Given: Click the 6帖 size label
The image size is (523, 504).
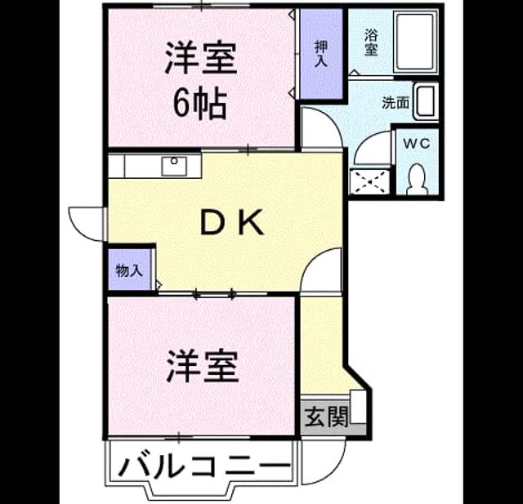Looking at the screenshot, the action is tap(199, 104).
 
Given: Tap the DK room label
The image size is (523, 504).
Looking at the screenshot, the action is tap(232, 222).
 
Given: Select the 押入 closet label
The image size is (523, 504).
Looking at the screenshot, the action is tap(321, 55).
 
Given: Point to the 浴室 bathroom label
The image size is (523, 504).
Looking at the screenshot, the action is tap(371, 42).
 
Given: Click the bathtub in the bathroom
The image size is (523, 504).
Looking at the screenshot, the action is tap(415, 42).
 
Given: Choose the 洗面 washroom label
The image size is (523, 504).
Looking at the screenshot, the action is tap(396, 103).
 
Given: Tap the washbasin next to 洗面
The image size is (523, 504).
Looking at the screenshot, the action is tap(426, 101).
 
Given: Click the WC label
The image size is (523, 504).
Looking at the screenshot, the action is tap(416, 144).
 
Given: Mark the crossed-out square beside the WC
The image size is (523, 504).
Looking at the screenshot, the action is tap(370, 182).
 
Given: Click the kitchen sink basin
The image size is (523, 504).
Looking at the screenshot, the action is tap(174, 167).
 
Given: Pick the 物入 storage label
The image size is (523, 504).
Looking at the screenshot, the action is tap(129, 270).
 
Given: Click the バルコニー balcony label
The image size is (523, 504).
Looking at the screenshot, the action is tap(203, 466).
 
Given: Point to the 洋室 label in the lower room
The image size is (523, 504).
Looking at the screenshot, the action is tap(203, 366).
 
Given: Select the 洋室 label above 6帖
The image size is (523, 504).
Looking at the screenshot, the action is tap(201, 57).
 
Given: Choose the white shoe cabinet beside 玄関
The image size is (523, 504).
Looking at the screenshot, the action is tap(358, 407).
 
